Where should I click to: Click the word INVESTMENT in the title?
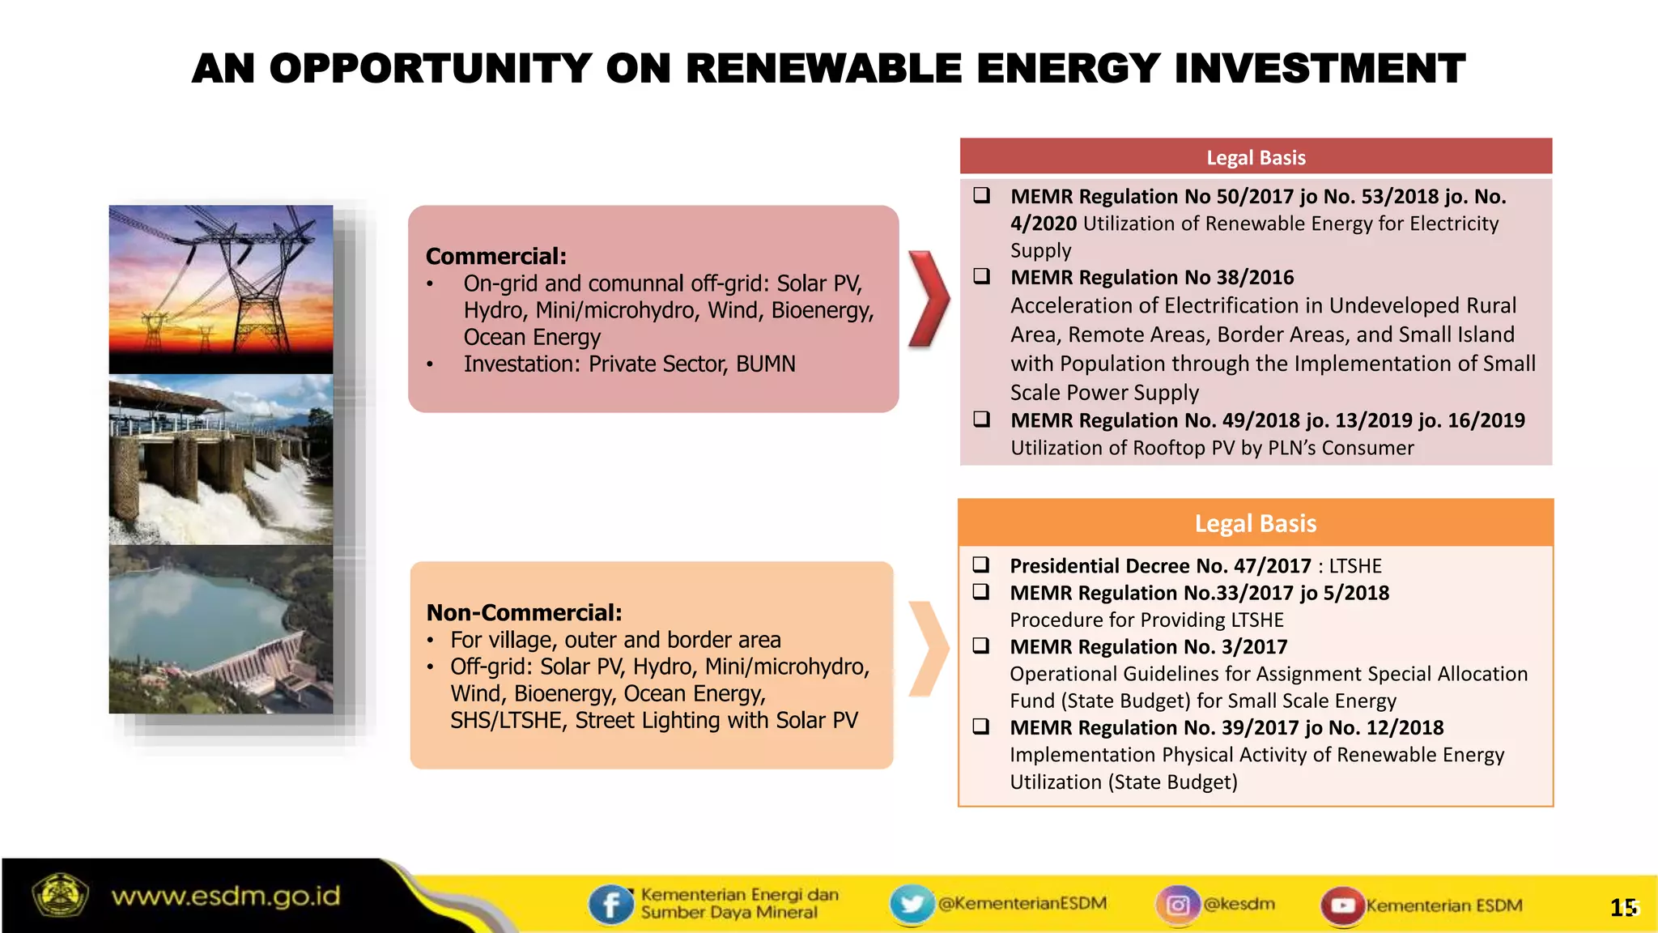coord(1319,68)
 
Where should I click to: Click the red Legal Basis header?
coord(1256,157)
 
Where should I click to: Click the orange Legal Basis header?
coord(1256,523)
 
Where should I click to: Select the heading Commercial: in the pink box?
coord(495,257)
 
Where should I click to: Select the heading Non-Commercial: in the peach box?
coord(524,613)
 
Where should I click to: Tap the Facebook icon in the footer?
coord(610,905)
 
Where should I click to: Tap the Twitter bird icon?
coord(912,904)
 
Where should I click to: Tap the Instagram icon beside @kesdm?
coord(1177,905)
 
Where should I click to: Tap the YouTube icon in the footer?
coord(1342,905)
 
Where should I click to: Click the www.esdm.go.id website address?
coord(226,897)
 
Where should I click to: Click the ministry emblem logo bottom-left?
coord(59,896)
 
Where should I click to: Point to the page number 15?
coord(1622,908)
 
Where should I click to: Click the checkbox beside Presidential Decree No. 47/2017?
coord(981,564)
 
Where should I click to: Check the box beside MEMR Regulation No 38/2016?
coord(981,276)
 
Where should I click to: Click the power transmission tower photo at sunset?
coord(221,288)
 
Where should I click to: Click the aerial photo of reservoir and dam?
coord(221,629)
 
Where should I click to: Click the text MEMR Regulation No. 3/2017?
coord(1148,647)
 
